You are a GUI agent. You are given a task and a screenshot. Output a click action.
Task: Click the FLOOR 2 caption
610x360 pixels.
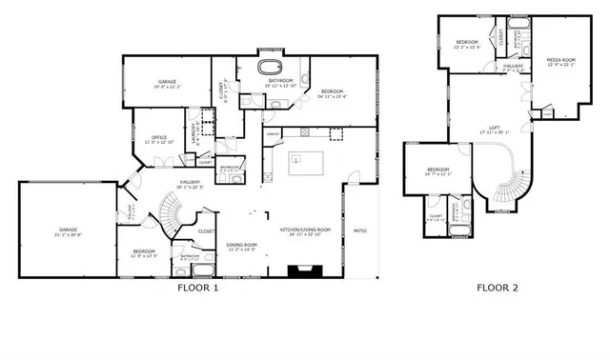pyautogui.click(x=498, y=287)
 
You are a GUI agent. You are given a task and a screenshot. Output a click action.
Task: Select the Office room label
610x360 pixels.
pyautogui.click(x=158, y=138)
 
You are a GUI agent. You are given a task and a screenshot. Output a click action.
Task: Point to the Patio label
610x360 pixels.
pyautogui.click(x=361, y=230)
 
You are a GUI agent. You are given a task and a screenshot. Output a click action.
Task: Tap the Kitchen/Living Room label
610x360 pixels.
pyautogui.click(x=304, y=230)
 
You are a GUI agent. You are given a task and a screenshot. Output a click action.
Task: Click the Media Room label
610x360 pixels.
pyautogui.click(x=559, y=61)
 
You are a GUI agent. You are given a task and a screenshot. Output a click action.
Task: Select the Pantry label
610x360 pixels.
pyautogui.click(x=272, y=132)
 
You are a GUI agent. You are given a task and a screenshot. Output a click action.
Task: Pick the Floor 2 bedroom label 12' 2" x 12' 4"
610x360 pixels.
pyautogui.click(x=466, y=43)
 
